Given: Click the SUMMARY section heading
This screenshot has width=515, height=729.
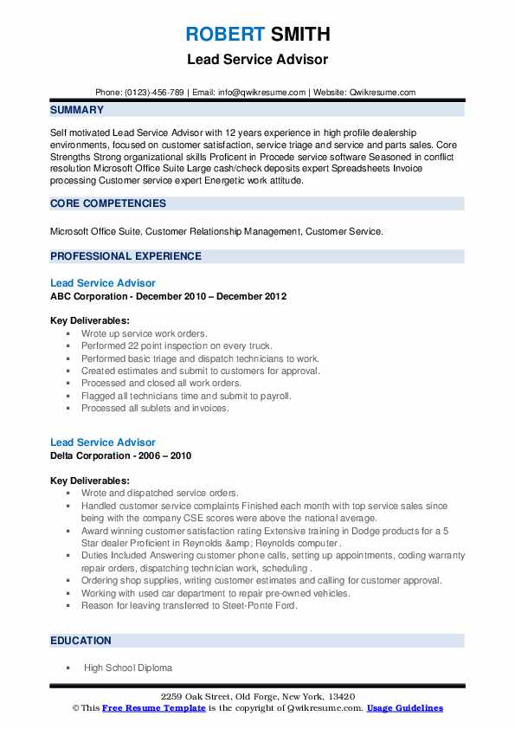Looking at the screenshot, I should click(x=77, y=110).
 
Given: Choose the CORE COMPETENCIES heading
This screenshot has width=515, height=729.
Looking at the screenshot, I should click(x=108, y=203).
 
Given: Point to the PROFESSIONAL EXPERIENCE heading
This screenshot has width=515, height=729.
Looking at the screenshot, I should click(x=126, y=256).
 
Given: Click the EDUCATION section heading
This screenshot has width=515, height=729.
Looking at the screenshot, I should click(x=80, y=641).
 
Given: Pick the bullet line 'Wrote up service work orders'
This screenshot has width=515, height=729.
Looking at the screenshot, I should click(x=145, y=333).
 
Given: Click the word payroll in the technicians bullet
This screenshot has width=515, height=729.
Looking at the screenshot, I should click(x=274, y=396).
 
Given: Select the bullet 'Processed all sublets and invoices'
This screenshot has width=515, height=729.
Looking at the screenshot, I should click(x=155, y=408).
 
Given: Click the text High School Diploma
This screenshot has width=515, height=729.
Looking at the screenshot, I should click(x=128, y=668).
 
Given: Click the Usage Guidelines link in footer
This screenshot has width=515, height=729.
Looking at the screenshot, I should click(x=404, y=708).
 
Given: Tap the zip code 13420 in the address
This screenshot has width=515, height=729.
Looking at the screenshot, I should click(x=340, y=697).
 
